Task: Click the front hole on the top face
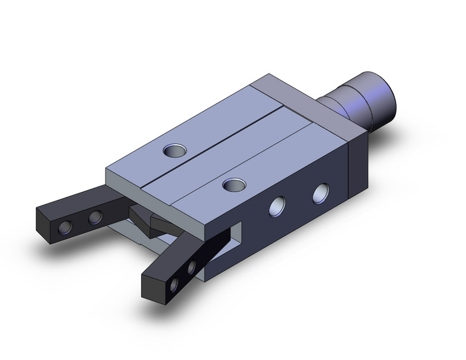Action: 231,183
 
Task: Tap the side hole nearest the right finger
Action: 277,207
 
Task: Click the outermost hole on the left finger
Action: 64,228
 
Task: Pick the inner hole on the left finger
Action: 95,217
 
